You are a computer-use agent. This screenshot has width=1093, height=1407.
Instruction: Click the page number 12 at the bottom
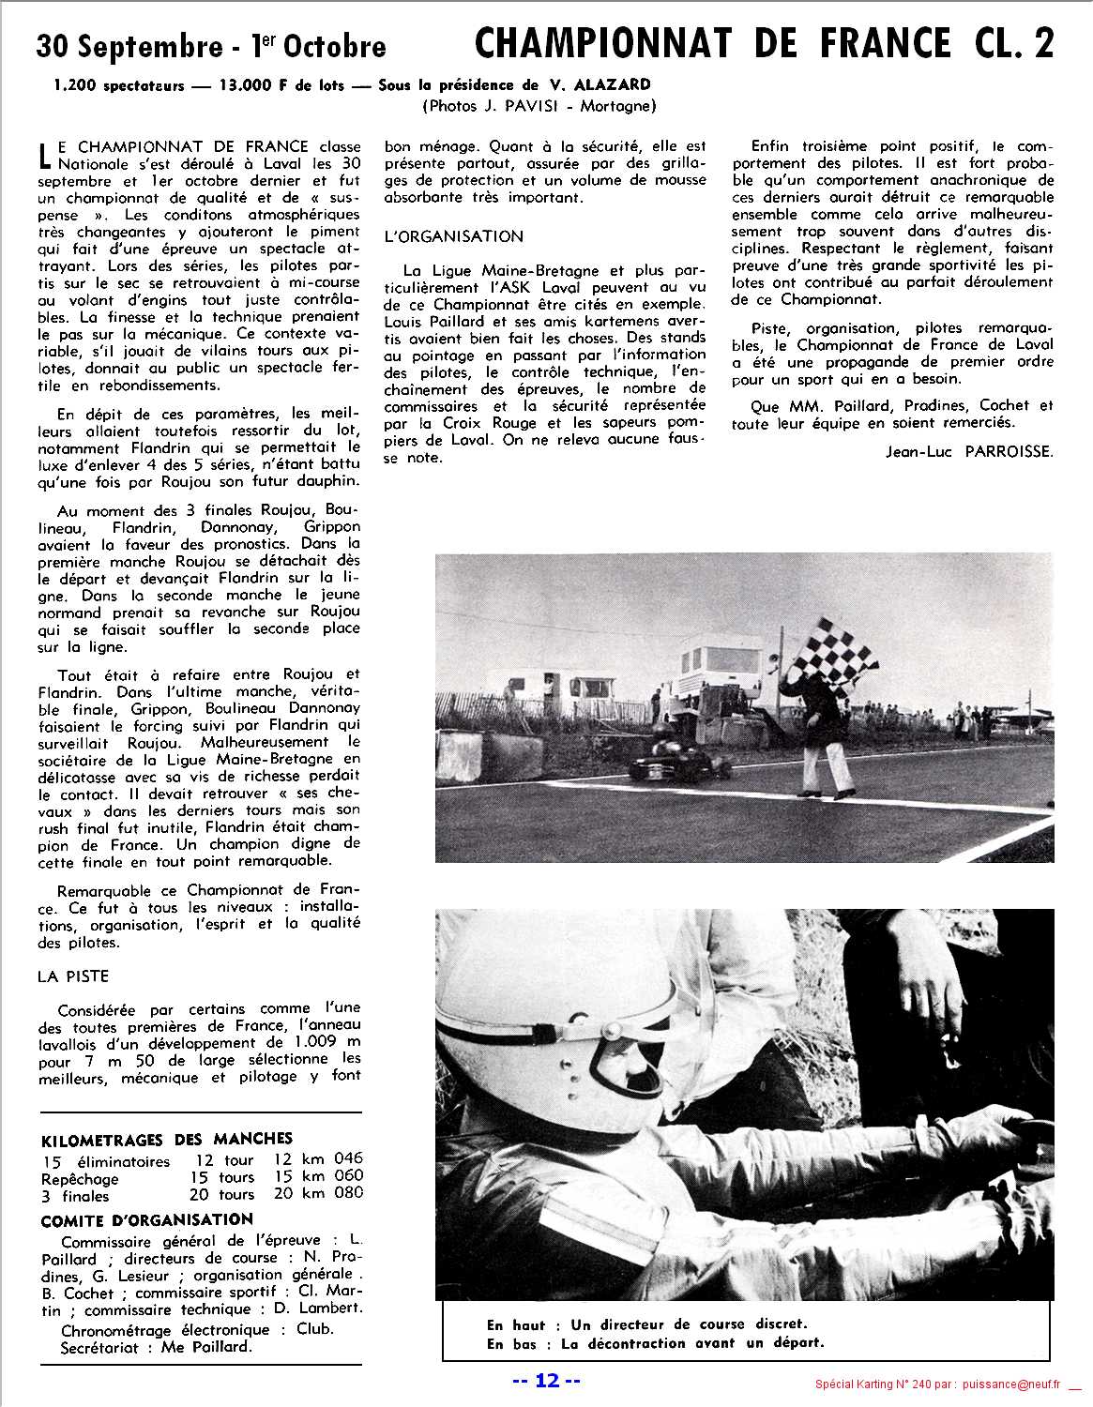tap(547, 1381)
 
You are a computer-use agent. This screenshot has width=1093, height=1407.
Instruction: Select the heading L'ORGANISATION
tap(454, 236)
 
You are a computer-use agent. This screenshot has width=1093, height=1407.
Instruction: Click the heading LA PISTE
tap(73, 976)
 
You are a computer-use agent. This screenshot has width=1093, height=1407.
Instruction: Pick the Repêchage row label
tap(80, 1178)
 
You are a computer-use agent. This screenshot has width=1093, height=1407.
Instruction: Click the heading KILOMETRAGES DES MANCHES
tap(167, 1140)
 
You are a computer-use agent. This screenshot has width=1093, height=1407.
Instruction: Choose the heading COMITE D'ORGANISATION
tap(146, 1219)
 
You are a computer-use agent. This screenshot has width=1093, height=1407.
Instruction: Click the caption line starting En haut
tap(645, 1324)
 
